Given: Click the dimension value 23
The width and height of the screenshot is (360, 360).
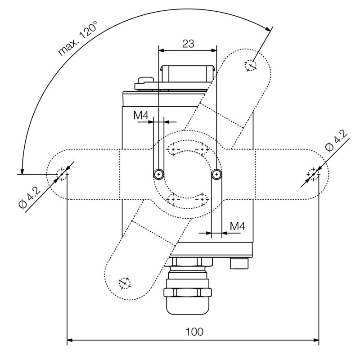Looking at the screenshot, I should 188,44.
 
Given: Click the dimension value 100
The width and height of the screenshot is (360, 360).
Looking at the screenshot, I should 194,332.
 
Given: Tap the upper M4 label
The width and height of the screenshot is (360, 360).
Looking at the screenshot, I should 141,115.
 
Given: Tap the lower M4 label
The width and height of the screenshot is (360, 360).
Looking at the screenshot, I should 237,226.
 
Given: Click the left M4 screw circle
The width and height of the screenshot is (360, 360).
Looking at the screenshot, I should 158,174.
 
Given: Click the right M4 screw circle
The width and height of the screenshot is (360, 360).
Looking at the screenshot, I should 216,174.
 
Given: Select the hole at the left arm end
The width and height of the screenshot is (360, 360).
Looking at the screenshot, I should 62,173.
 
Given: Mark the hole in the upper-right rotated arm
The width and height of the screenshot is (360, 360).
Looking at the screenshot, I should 250,66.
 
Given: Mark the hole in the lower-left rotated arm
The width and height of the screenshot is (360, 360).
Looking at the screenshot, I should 124,283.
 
